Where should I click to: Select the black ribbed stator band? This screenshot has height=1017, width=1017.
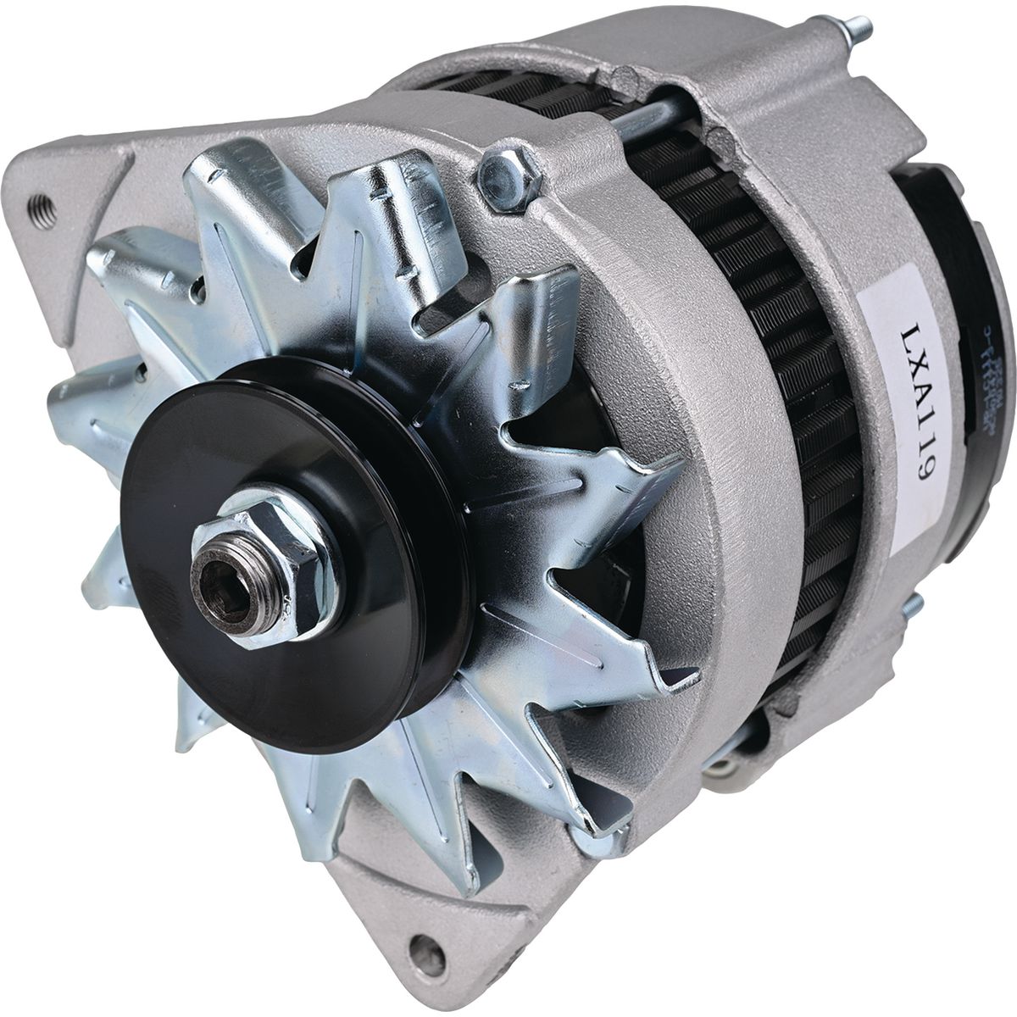tap(805, 424)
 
